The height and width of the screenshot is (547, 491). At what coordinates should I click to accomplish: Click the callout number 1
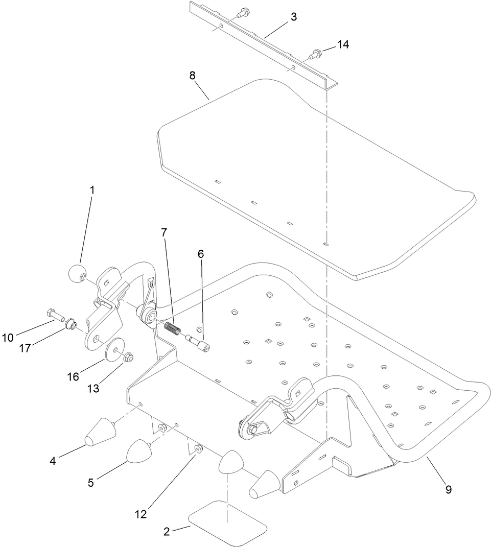(92, 189)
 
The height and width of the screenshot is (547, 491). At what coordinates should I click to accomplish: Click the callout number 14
(342, 45)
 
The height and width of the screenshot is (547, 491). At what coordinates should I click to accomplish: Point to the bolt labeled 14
(315, 52)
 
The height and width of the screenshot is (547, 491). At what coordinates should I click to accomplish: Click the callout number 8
(192, 76)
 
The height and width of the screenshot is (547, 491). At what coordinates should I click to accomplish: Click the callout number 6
(201, 254)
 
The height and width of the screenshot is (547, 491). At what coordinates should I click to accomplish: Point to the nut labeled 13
(129, 356)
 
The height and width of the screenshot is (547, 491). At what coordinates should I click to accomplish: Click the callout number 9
(448, 489)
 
